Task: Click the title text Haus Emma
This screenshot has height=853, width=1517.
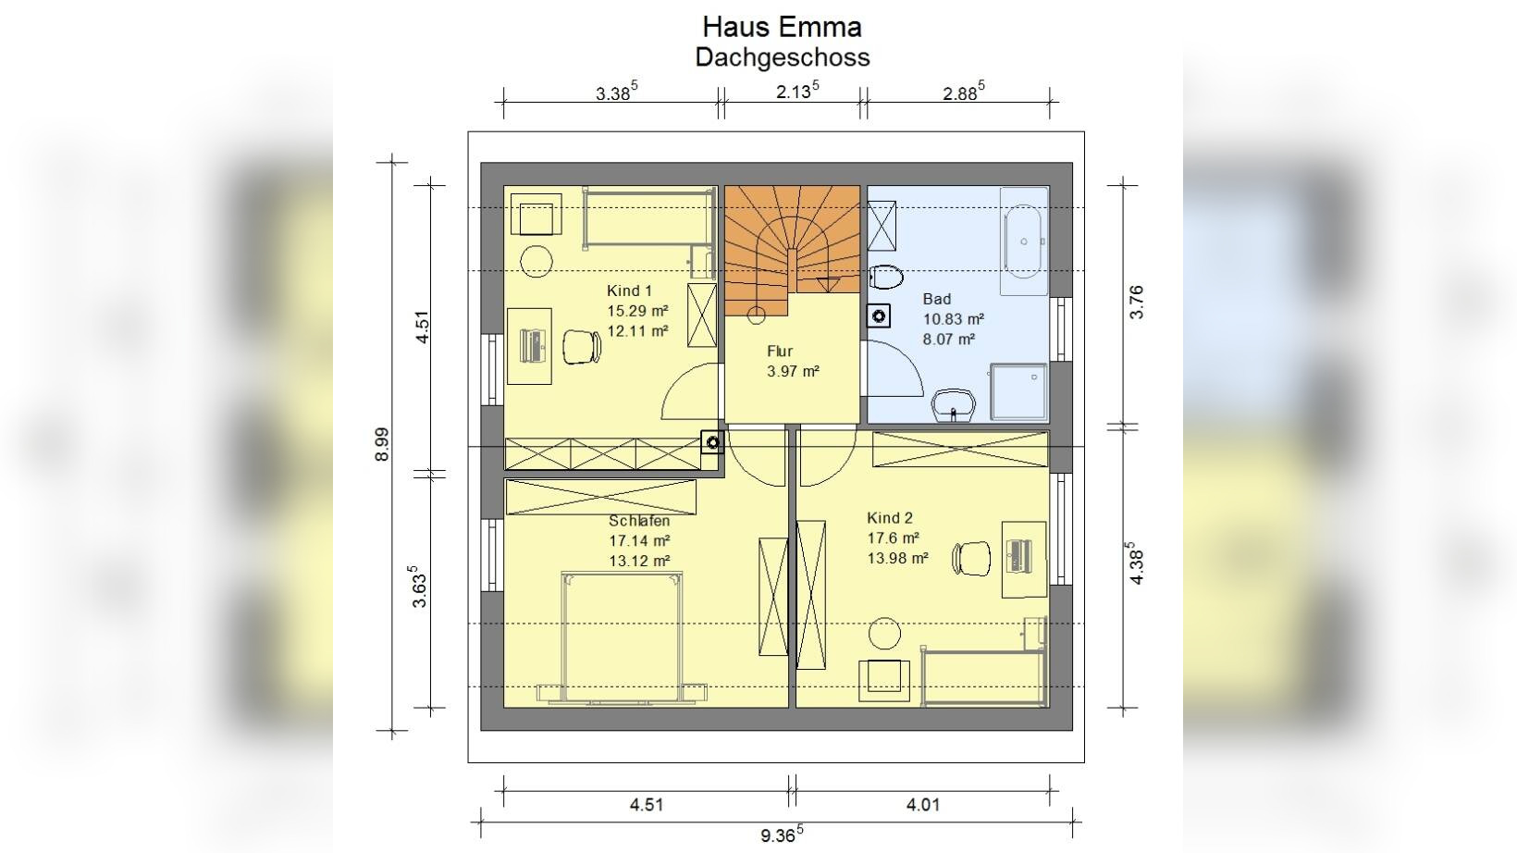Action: pyautogui.click(x=783, y=27)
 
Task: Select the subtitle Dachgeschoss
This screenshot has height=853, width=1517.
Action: pyautogui.click(x=783, y=57)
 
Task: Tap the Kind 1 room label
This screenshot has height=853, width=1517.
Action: pyautogui.click(x=629, y=291)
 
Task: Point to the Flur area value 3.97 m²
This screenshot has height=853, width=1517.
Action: pyautogui.click(x=793, y=371)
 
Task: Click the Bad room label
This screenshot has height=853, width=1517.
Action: pyautogui.click(x=937, y=299)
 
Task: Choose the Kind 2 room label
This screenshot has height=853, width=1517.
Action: pyautogui.click(x=890, y=518)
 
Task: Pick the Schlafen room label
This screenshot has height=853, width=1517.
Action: pyautogui.click(x=639, y=521)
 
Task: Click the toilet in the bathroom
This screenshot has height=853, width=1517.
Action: pyautogui.click(x=886, y=277)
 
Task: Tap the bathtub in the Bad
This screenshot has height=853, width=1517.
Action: pyautogui.click(x=1023, y=241)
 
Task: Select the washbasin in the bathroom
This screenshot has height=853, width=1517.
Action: pyautogui.click(x=954, y=405)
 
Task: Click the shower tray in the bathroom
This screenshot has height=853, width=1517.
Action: pyautogui.click(x=1018, y=392)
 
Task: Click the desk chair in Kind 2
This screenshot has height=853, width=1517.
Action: pyautogui.click(x=971, y=559)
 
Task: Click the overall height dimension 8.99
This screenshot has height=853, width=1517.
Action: pyautogui.click(x=382, y=444)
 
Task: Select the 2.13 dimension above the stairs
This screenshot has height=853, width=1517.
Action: pyautogui.click(x=797, y=91)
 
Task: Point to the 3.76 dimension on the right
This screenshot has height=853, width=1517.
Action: pyautogui.click(x=1137, y=303)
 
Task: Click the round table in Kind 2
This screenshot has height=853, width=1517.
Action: pyautogui.click(x=884, y=634)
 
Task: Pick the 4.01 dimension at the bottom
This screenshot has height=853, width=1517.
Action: pyautogui.click(x=923, y=805)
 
